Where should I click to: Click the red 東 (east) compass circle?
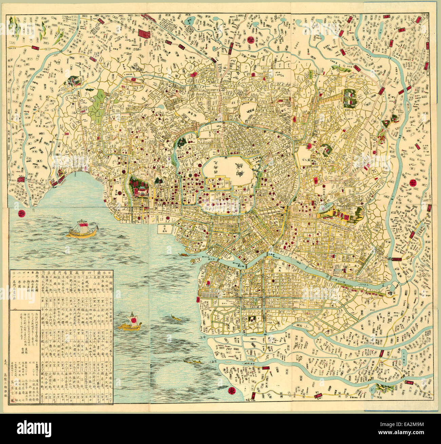point(232,391)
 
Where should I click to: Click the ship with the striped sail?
point(82,230)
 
